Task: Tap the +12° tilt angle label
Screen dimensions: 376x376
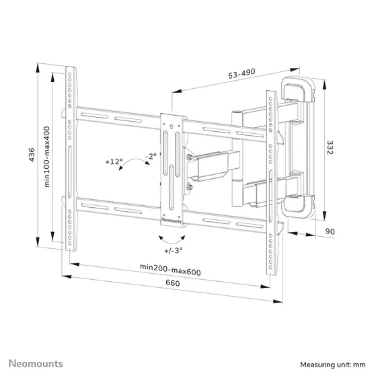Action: click(114, 162)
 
